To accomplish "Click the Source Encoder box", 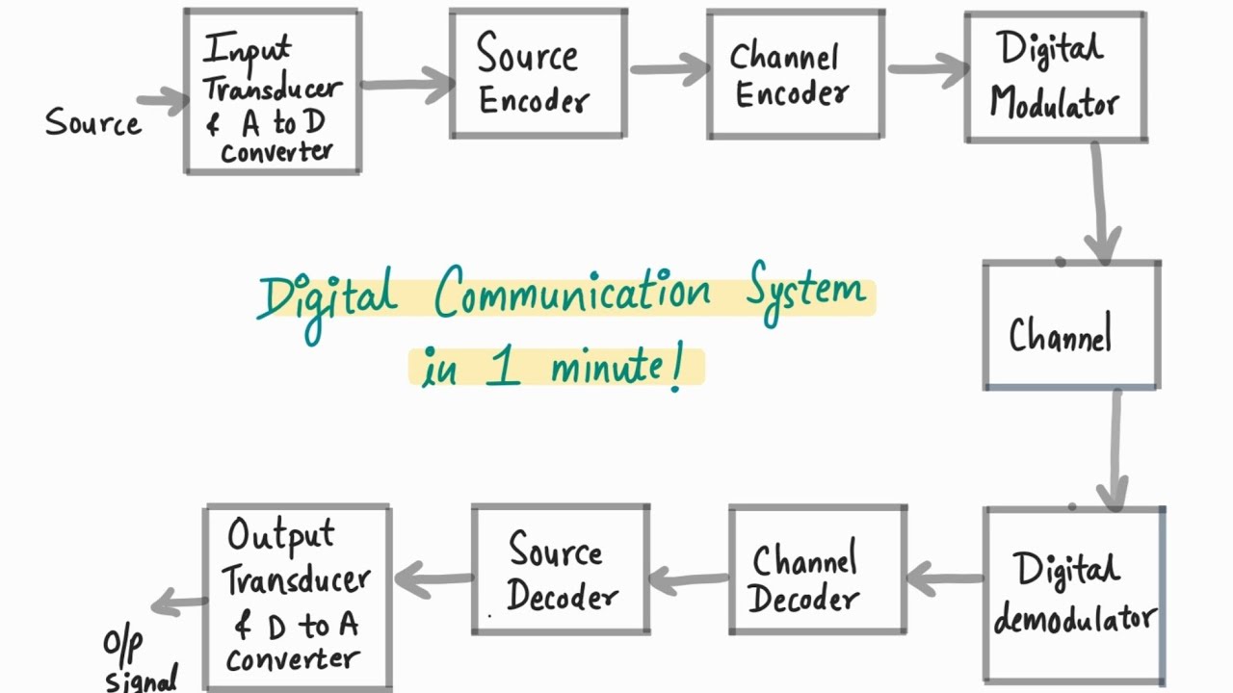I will coord(538,74).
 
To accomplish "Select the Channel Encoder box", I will coord(795,74).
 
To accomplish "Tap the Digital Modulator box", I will coord(1055,77).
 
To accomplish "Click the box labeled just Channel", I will coord(1070,325).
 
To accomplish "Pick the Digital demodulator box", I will coord(1074,594).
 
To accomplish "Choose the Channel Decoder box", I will coord(817,570).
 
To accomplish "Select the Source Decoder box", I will coord(561,570).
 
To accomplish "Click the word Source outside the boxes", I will coord(92,123).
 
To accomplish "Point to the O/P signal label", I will coord(141,662).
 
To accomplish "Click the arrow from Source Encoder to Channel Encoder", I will coord(669,68).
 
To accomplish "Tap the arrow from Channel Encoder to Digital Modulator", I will coord(927,69).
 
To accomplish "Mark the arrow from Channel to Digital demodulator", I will coord(1115,449).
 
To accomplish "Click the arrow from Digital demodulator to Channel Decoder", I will coord(945,579).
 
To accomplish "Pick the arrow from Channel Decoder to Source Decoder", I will coord(690,579).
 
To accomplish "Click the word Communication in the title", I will coord(574,294).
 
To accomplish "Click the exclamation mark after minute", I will coord(677,371).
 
